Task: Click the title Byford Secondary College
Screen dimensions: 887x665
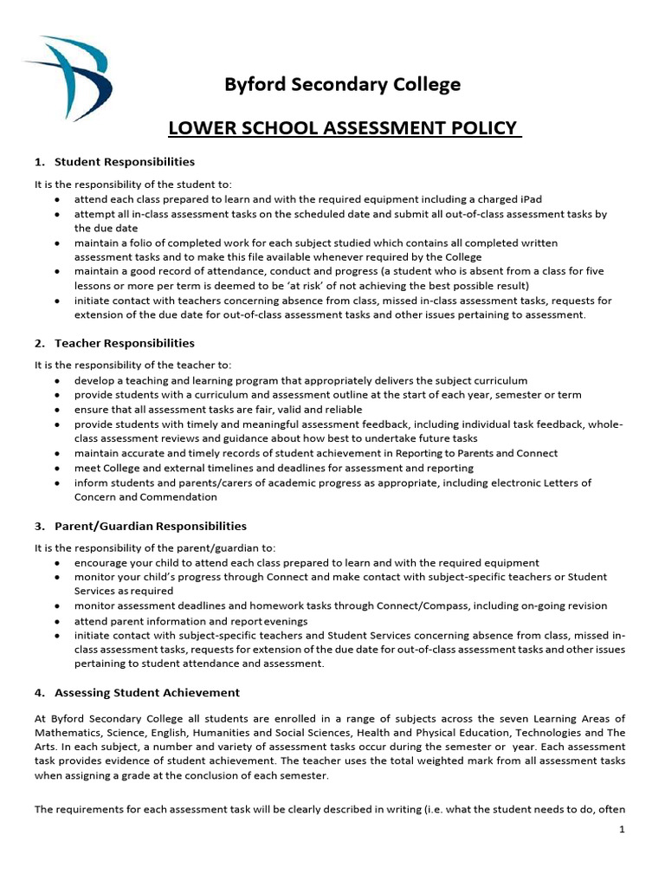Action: coord(343,84)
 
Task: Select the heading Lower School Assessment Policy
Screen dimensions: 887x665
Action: coord(344,130)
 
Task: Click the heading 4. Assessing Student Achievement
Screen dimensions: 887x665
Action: coord(137,693)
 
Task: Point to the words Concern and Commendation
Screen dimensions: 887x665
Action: coord(145,497)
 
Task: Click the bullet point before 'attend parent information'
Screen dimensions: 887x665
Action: coord(56,622)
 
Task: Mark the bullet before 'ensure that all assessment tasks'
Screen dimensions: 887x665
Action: coord(56,410)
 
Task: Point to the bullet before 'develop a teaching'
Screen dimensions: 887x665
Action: coord(56,381)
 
